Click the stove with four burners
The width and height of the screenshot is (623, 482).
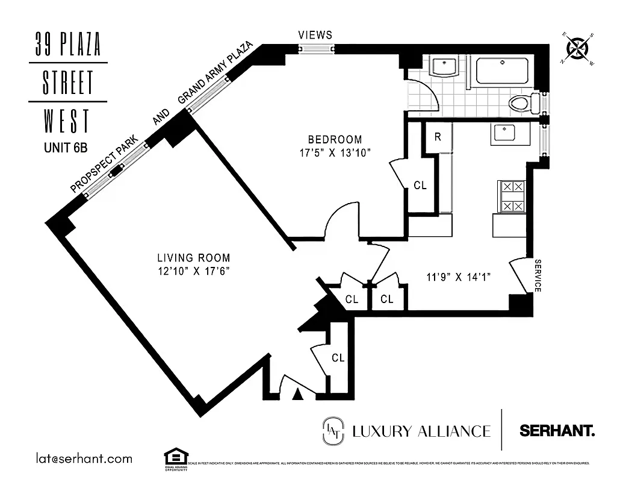[510, 196]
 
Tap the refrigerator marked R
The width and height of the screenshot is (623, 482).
[438, 137]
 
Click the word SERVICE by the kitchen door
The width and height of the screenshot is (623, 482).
[538, 276]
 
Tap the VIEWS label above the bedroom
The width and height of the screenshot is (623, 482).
[315, 36]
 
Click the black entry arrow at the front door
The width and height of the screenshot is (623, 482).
[297, 395]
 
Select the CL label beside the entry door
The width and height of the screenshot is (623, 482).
[338, 358]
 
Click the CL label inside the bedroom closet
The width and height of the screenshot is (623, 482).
[420, 186]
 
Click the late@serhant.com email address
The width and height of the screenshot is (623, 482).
[84, 459]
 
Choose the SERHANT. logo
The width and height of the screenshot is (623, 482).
[557, 431]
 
